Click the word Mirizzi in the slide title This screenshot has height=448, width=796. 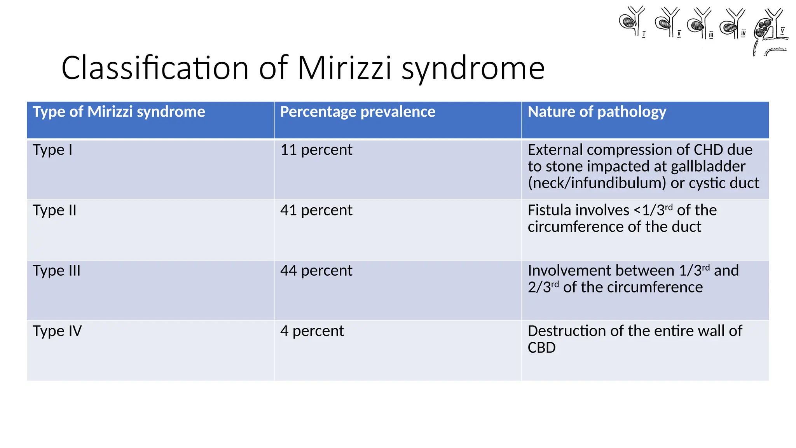pyautogui.click(x=345, y=68)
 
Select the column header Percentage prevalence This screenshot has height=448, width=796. pyautogui.click(x=358, y=112)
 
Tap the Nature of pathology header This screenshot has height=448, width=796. pyautogui.click(x=597, y=112)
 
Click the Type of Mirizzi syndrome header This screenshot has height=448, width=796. pyautogui.click(x=119, y=112)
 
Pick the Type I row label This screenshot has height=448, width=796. pyautogui.click(x=52, y=150)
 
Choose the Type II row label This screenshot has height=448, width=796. pyautogui.click(x=54, y=210)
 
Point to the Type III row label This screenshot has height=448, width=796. pyautogui.click(x=56, y=271)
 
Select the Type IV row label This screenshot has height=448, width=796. pyautogui.click(x=57, y=331)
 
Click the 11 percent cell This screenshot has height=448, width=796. pyautogui.click(x=316, y=150)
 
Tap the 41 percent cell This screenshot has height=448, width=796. pyautogui.click(x=316, y=210)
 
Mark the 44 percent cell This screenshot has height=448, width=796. pyautogui.click(x=316, y=271)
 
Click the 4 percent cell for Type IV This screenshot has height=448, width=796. pyautogui.click(x=312, y=331)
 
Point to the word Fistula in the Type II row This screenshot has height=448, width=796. pyautogui.click(x=578, y=210)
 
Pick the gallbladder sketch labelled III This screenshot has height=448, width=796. pyautogui.click(x=699, y=23)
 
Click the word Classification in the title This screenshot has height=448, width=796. pyautogui.click(x=155, y=68)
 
